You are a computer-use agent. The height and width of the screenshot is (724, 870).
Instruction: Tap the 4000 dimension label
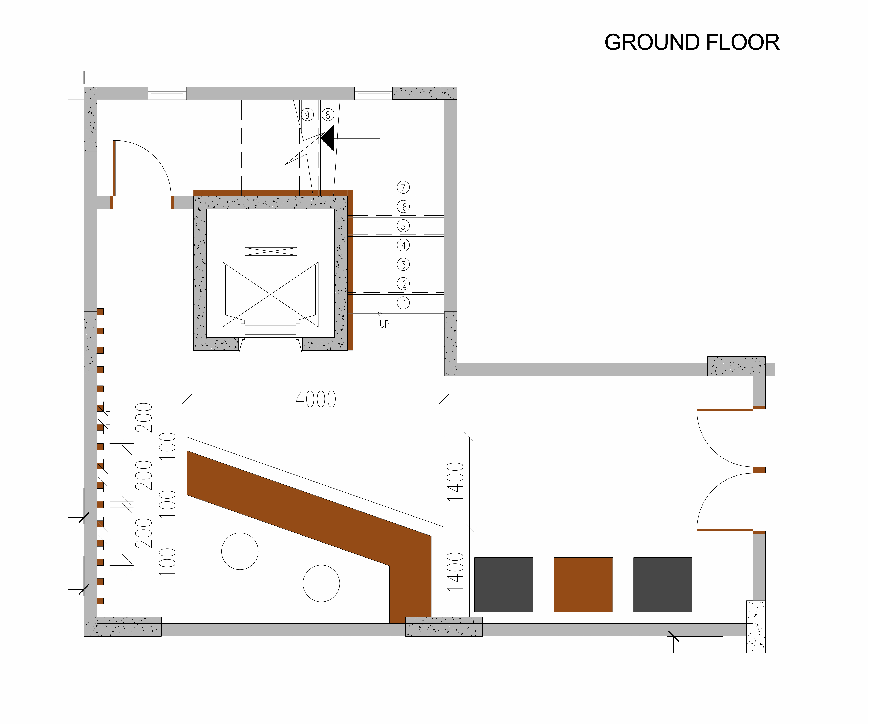316,400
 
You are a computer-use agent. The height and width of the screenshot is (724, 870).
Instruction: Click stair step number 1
403,303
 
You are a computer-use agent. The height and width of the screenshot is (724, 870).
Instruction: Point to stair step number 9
307,115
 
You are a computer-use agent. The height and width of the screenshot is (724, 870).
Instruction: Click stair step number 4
403,245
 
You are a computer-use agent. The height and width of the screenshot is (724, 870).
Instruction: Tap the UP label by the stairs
384,324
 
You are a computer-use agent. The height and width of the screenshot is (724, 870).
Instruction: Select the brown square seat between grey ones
583,584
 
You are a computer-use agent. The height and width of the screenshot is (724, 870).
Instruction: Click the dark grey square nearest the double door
663,584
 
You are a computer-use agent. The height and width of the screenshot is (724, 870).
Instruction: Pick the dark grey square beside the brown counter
504,584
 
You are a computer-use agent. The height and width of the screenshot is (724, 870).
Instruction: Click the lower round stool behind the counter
322,583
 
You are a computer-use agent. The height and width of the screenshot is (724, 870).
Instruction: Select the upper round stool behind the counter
240,551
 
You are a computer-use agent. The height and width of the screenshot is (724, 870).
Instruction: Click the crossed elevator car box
271,294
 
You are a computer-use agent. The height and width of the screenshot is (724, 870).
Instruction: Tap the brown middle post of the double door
759,470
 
